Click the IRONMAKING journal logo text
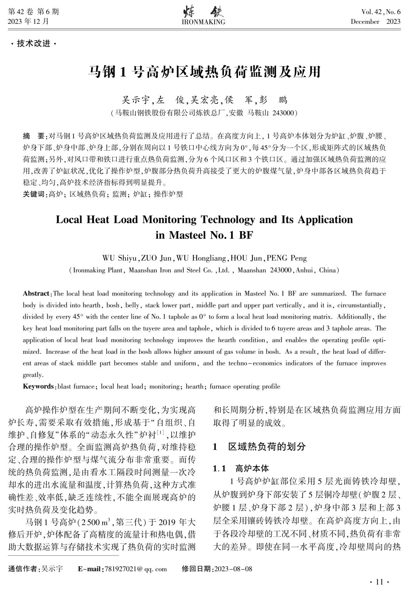point(203,22)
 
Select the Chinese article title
point(204,72)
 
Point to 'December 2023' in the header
point(375,22)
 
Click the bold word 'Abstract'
point(36,294)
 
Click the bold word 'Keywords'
point(38,386)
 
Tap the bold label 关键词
point(33,194)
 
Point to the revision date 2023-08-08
point(233,569)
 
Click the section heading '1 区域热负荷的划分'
point(259,446)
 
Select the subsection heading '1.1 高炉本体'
point(241,469)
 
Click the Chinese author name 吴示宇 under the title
point(135,100)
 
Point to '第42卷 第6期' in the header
point(33,12)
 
